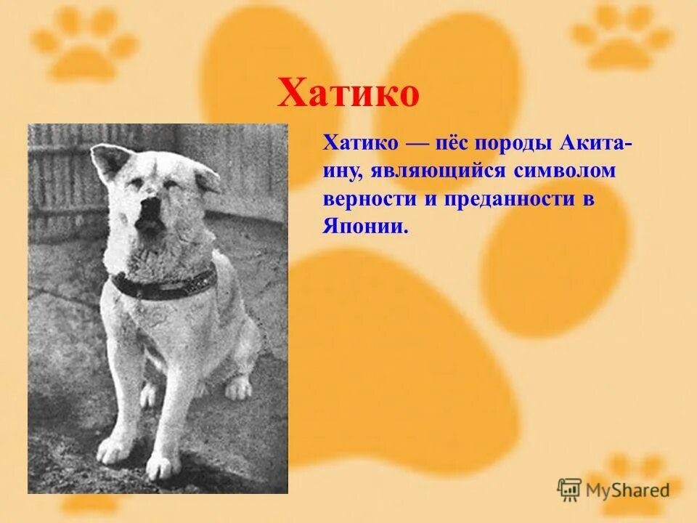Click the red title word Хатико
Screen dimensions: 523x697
tap(348, 95)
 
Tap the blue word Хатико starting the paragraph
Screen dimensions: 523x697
tap(360, 144)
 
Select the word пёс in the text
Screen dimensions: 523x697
tap(455, 144)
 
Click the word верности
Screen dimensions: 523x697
tap(368, 199)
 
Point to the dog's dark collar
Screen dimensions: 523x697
tap(163, 284)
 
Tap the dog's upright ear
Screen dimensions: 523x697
tap(109, 161)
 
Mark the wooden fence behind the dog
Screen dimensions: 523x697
tap(58, 182)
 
